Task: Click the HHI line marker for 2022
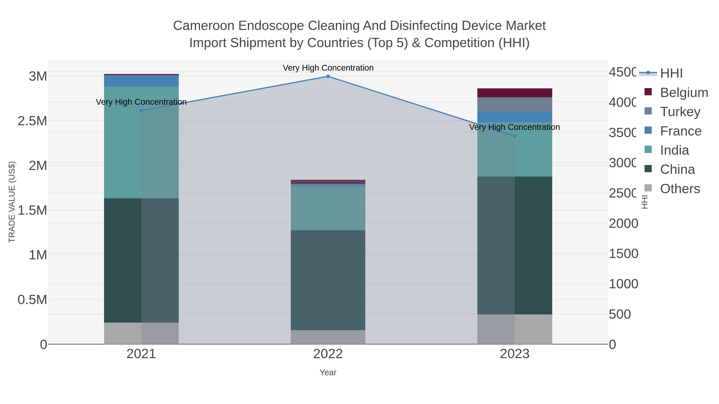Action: [328, 76]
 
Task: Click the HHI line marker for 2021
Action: [141, 111]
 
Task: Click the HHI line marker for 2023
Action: [515, 136]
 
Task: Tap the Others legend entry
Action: [680, 189]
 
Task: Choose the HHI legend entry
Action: [671, 73]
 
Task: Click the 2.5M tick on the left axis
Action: [32, 121]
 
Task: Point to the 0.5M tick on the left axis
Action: [32, 300]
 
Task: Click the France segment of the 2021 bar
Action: [141, 81]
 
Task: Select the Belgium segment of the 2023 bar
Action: [515, 93]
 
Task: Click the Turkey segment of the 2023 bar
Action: [515, 105]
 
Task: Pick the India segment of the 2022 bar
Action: [328, 208]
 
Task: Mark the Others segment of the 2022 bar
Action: [328, 337]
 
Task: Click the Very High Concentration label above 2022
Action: [328, 68]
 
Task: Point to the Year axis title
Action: [328, 372]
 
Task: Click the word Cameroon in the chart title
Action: [204, 26]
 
